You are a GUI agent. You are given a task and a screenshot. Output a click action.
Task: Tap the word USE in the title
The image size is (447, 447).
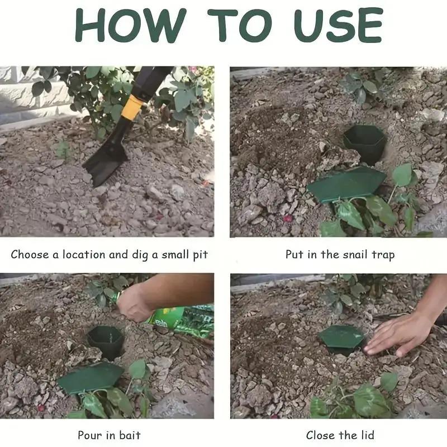[334, 26]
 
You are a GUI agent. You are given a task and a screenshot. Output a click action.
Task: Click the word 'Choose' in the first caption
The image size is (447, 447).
[29, 255]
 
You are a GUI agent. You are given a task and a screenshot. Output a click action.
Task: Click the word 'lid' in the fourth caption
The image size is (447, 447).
[366, 435]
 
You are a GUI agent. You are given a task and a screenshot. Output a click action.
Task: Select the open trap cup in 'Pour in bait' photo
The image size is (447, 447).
[106, 341]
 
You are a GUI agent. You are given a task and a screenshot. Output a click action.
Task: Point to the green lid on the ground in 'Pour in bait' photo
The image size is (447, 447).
[89, 378]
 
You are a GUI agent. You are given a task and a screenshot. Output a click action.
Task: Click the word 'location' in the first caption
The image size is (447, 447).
[84, 255]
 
